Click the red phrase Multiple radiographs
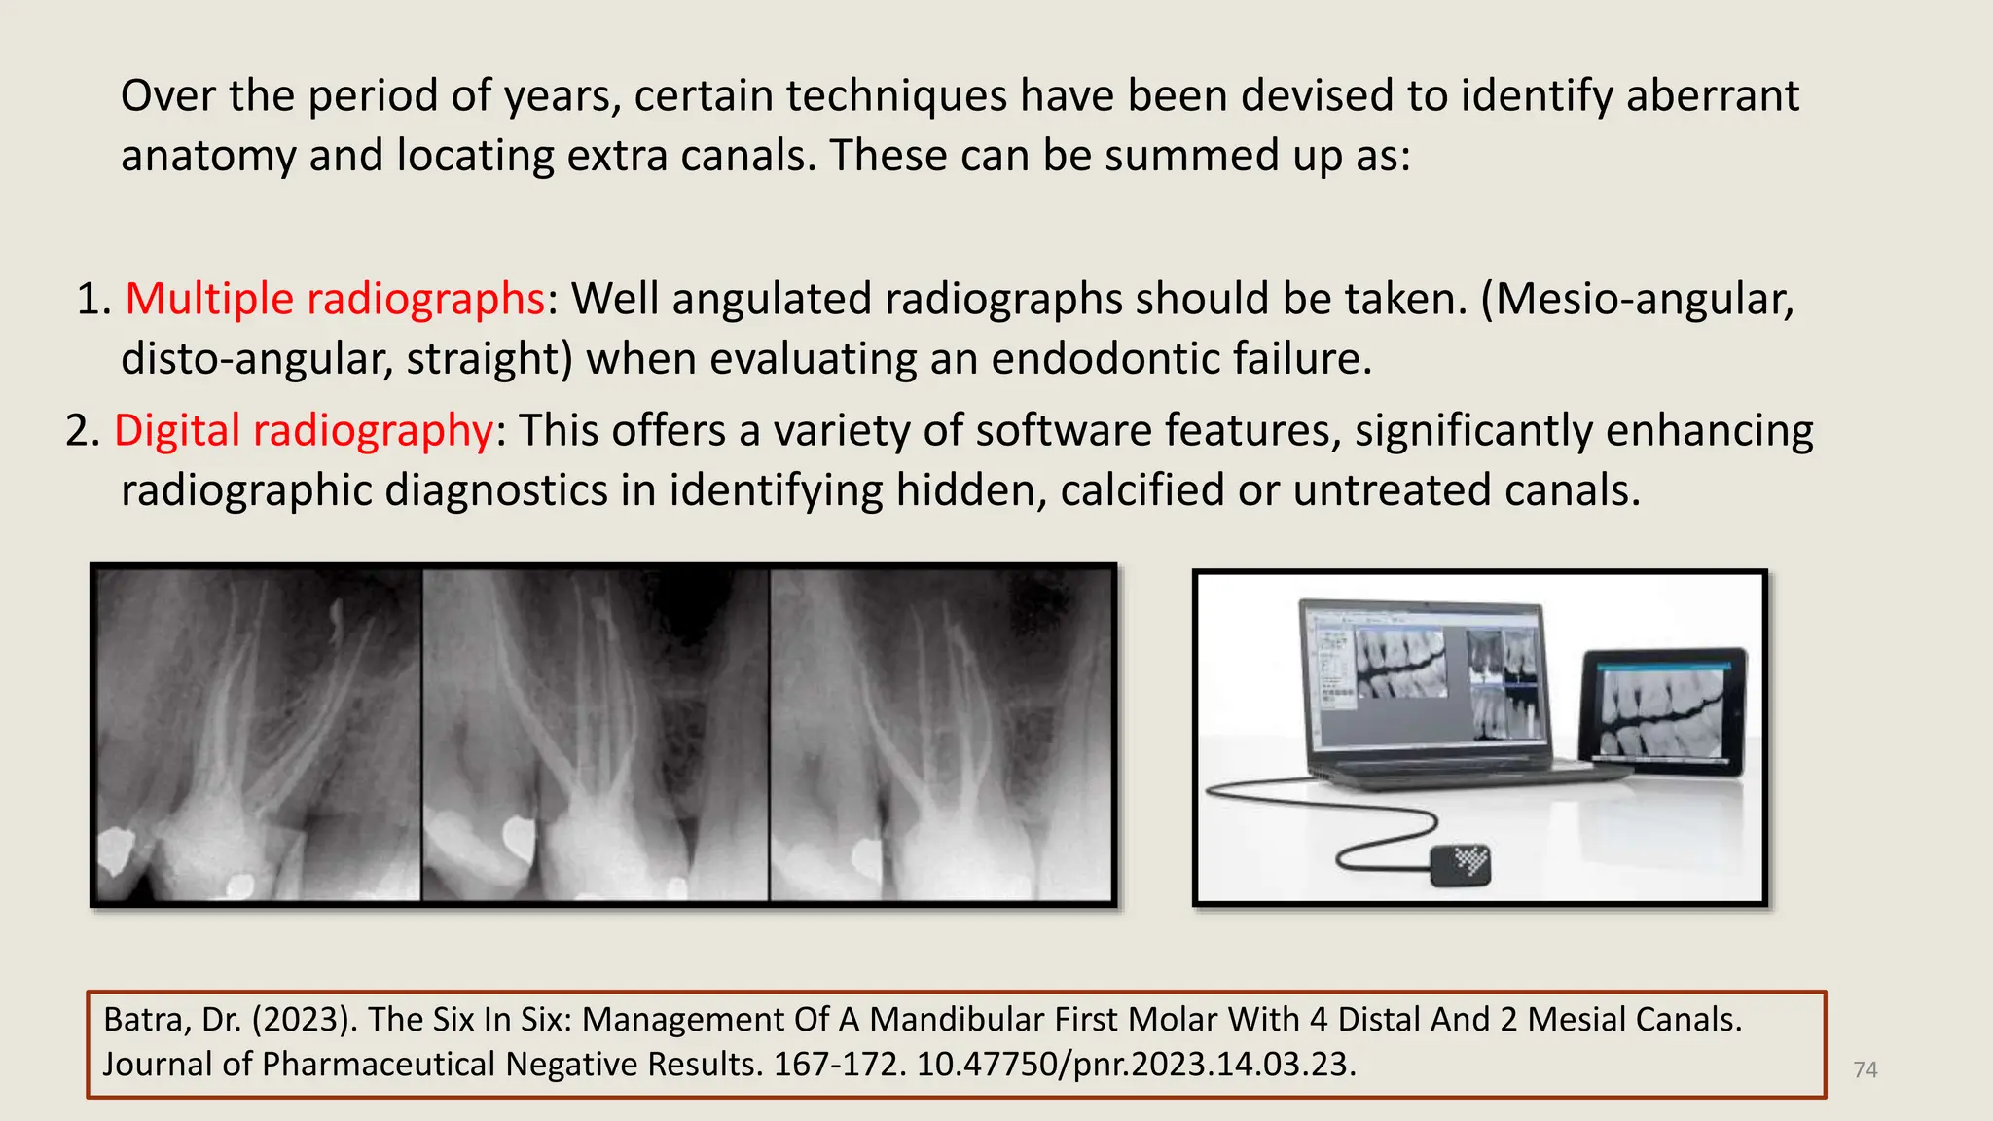pyautogui.click(x=334, y=299)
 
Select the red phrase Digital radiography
pyautogui.click(x=304, y=430)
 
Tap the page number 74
pyautogui.click(x=1865, y=1069)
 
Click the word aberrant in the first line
pyautogui.click(x=1713, y=96)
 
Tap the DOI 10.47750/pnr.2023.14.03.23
pyautogui.click(x=1135, y=1064)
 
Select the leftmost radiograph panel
pyautogui.click(x=259, y=735)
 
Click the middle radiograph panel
pyautogui.click(x=595, y=735)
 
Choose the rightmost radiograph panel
pyautogui.click(x=941, y=735)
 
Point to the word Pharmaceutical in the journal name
pyautogui.click(x=378, y=1064)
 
